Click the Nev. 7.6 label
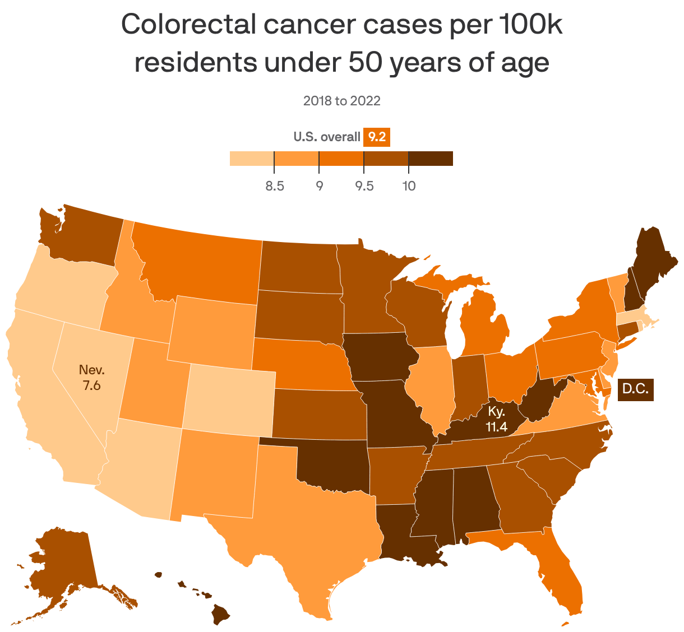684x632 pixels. [x=92, y=377]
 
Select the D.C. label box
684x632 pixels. [x=635, y=389]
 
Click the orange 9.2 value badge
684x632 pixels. [x=377, y=137]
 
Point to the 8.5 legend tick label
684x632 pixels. [x=274, y=186]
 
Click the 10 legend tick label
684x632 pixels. [x=409, y=186]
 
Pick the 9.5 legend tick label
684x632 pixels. [x=364, y=186]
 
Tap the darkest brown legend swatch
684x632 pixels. [x=431, y=159]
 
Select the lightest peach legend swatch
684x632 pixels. [x=252, y=159]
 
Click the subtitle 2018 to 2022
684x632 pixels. [x=341, y=101]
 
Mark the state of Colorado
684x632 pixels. [x=230, y=398]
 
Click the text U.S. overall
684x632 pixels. [x=327, y=137]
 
